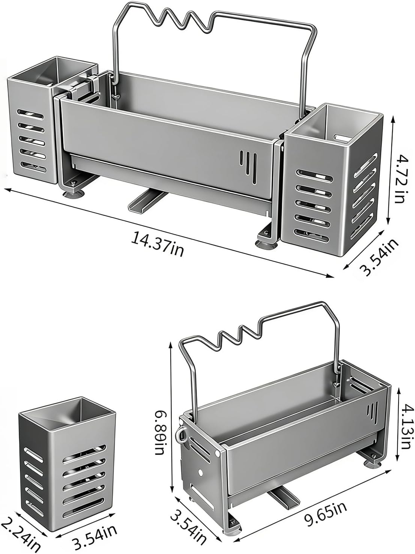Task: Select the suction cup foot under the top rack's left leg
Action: (x=73, y=194)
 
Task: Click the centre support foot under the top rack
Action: (x=148, y=200)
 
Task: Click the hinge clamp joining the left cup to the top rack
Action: (x=80, y=89)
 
